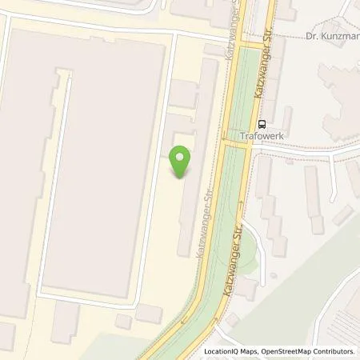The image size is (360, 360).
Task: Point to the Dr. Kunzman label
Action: [333, 36]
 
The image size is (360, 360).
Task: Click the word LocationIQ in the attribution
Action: [226, 351]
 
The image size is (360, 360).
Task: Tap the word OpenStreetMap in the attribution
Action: [295, 351]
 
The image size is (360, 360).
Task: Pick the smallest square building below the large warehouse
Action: [123, 322]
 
